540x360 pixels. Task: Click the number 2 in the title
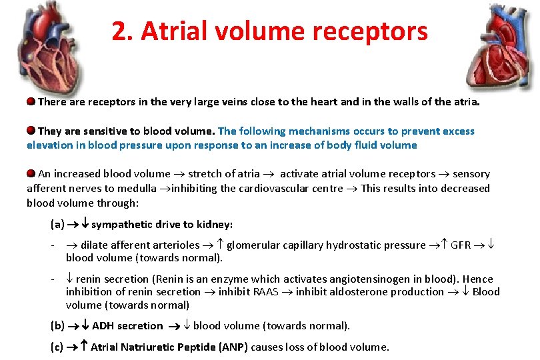[119, 31]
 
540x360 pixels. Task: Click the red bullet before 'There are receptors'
[31, 103]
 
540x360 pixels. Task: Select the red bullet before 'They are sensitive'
[31, 131]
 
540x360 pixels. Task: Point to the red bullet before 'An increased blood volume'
[31, 173]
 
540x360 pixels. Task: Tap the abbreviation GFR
[461, 245]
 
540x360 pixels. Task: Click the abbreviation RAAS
[266, 291]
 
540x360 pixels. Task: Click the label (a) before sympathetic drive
[57, 224]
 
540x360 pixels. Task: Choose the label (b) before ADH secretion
[57, 325]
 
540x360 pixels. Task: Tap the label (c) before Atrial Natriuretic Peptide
[57, 347]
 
